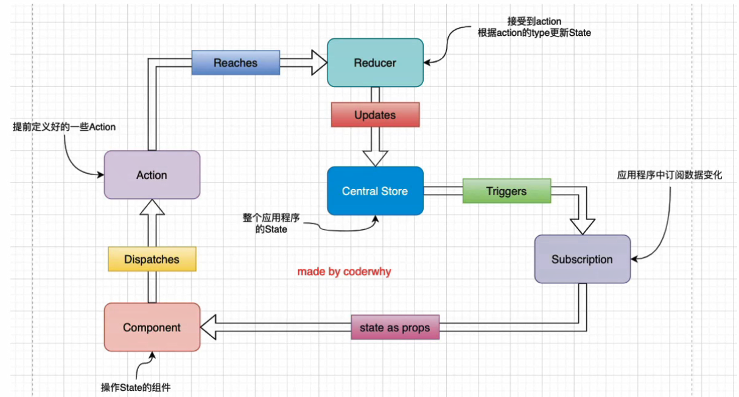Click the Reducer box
click(x=375, y=63)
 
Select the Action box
click(x=152, y=175)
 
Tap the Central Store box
click(x=375, y=191)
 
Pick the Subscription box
click(x=582, y=259)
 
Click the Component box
click(x=152, y=327)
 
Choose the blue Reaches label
click(x=235, y=63)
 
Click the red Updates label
click(x=375, y=115)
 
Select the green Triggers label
click(x=506, y=191)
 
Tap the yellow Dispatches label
click(x=152, y=259)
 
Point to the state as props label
click(x=394, y=328)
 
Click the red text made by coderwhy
click(x=344, y=272)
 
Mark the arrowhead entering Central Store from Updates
click(x=375, y=157)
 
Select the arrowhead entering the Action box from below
click(x=152, y=209)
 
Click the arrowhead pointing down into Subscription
click(x=582, y=225)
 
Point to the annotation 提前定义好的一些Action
click(x=64, y=127)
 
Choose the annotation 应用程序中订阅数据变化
click(x=670, y=175)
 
